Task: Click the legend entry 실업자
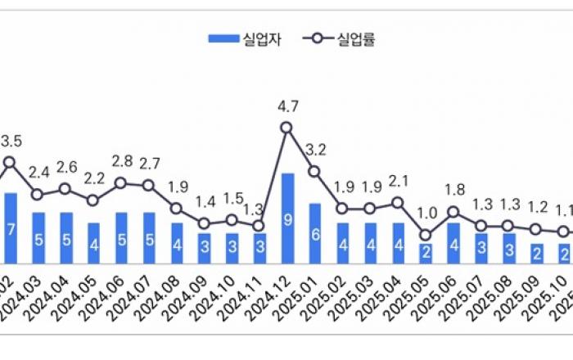tap(246, 38)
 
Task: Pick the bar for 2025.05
tap(426, 252)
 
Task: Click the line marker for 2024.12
tap(286, 128)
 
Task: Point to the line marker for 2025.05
tap(426, 235)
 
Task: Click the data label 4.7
tap(286, 106)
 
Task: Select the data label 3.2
tap(315, 150)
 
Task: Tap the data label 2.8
tap(121, 160)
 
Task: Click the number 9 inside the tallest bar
tap(286, 218)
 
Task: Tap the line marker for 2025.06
tap(453, 213)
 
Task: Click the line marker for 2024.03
tap(38, 195)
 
